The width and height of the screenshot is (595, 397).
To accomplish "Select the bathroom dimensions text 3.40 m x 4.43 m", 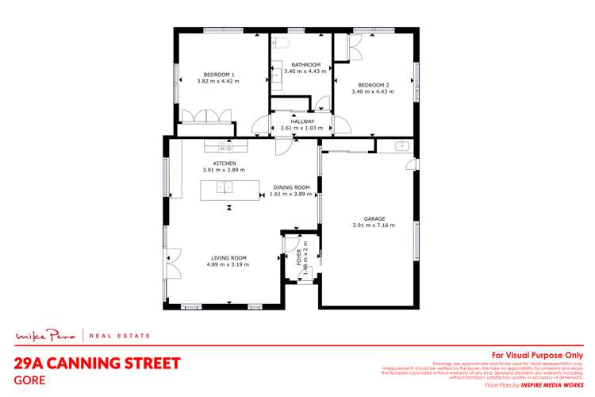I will (305, 71).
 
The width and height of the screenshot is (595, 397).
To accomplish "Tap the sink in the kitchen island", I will (225, 188).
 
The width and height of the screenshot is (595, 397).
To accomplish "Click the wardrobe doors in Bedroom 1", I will (207, 117).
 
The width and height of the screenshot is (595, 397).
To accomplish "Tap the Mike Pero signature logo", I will (48, 336).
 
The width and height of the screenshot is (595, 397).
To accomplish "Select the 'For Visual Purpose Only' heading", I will (537, 355).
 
